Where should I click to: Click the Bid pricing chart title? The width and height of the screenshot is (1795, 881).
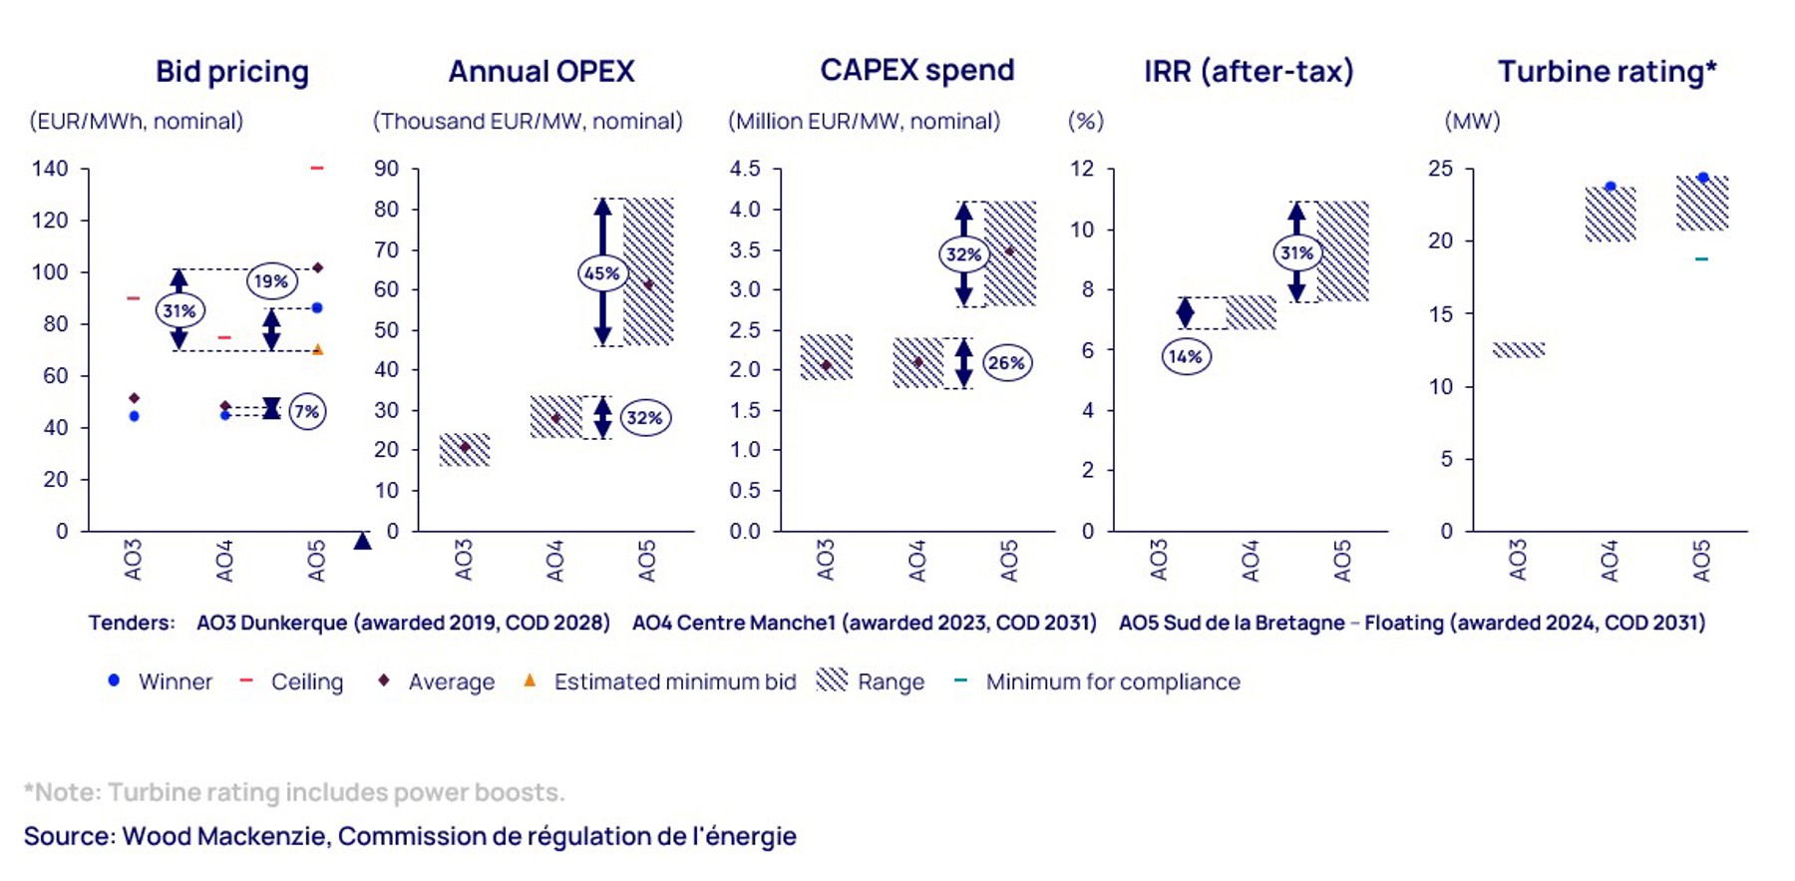[232, 72]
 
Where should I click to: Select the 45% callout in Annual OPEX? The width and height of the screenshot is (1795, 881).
[602, 272]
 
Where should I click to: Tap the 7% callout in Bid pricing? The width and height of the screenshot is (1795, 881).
[307, 411]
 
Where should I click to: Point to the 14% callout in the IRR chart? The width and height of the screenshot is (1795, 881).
[1186, 356]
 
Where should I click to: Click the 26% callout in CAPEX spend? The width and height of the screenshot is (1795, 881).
[1006, 362]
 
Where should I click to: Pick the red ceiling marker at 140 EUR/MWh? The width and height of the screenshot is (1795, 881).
[317, 168]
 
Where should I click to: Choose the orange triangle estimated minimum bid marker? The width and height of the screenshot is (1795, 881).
[317, 349]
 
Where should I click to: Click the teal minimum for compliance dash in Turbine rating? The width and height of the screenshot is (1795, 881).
[1701, 259]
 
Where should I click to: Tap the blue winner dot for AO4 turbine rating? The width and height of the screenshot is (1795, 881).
[1610, 187]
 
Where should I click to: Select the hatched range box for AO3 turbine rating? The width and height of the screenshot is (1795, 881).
[1518, 350]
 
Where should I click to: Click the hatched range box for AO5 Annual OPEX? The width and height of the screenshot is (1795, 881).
[648, 271]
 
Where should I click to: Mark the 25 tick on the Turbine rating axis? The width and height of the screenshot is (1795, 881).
[1440, 169]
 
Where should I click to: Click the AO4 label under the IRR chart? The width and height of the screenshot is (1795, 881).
[1251, 560]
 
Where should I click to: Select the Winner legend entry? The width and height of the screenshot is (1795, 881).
[175, 681]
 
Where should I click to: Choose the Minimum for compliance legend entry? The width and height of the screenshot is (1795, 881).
[1112, 681]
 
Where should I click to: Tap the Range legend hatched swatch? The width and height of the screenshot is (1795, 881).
[832, 679]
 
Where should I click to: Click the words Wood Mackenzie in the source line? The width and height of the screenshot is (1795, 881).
[224, 836]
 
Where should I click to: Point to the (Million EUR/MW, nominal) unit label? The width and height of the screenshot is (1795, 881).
[864, 122]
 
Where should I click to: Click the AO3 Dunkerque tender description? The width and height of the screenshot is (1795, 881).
[403, 623]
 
